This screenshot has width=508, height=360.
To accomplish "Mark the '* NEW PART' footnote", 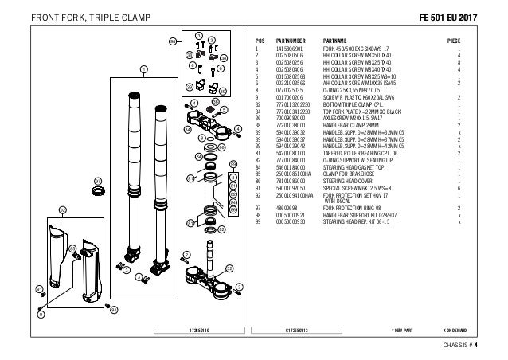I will (403, 328).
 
